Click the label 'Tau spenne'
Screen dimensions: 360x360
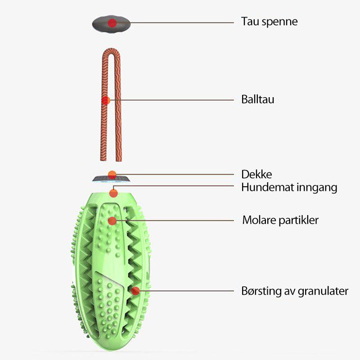pyautogui.click(x=269, y=22)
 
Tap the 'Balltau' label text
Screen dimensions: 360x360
pyautogui.click(x=257, y=99)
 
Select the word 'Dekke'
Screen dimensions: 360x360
pyautogui.click(x=256, y=175)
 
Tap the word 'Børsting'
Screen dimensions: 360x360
pyautogui.click(x=261, y=291)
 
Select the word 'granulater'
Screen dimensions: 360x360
pyautogui.click(x=322, y=291)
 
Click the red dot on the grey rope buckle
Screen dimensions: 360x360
pyautogui.click(x=112, y=22)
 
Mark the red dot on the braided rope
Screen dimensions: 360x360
pyautogui.click(x=106, y=100)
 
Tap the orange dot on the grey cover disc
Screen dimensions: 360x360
pyautogui.click(x=112, y=174)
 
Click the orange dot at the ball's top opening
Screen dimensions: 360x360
pyautogui.click(x=113, y=193)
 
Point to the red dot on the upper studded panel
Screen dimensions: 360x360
pyautogui.click(x=112, y=220)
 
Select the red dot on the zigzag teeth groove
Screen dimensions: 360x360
pyautogui.click(x=135, y=291)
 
